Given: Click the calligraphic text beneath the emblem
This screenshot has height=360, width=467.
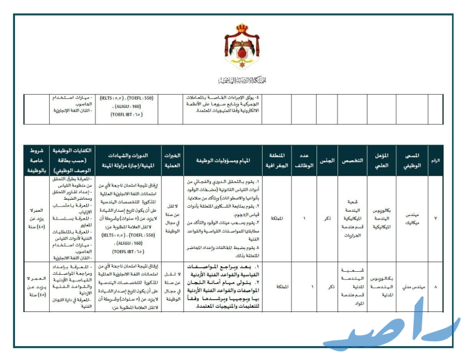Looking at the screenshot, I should (x=243, y=80).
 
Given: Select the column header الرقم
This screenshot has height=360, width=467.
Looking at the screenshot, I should (x=435, y=160).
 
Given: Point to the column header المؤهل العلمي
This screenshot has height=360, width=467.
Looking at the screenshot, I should (x=385, y=160).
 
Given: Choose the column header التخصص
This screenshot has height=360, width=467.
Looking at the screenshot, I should (x=353, y=161).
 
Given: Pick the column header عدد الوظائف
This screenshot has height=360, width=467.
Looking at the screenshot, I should (x=303, y=160).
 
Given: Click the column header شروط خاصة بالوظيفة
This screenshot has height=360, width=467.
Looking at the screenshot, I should (x=36, y=160).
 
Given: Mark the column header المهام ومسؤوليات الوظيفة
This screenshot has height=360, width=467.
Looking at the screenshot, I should (x=224, y=161).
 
